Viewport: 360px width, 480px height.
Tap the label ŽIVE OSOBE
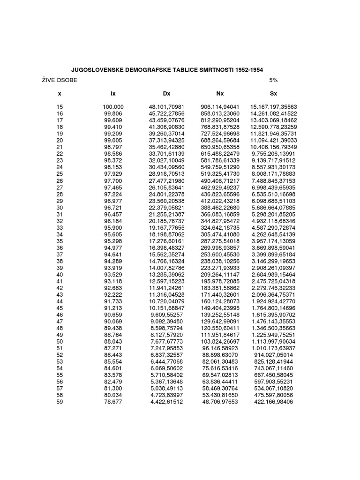point(58,80)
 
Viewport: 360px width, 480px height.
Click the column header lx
point(113,94)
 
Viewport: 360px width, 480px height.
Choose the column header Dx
point(166,94)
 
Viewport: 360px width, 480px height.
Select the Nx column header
point(220,94)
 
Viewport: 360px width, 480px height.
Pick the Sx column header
point(274,94)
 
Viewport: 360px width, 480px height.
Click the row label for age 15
point(60,107)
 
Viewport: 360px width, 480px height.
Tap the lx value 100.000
point(113,107)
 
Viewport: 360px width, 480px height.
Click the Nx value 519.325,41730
point(220,173)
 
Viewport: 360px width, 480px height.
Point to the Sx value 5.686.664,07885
point(274,207)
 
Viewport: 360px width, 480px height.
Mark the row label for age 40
point(60,274)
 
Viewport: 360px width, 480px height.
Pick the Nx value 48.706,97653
point(220,402)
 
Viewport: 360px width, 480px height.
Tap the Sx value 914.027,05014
point(274,355)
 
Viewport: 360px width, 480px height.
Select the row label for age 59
point(60,402)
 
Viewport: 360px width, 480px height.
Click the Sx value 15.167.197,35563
point(274,107)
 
